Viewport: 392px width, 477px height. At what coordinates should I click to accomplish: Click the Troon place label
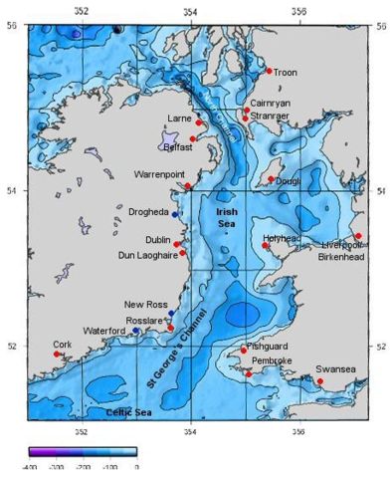pos(286,72)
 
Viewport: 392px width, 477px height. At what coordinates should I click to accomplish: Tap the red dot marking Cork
pos(56,354)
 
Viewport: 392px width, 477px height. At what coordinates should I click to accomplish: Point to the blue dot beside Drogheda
pos(175,214)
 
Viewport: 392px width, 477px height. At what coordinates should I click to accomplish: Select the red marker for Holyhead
pos(266,245)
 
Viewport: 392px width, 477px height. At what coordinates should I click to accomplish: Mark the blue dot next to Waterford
pos(135,330)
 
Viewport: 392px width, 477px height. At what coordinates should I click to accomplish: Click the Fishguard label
pos(267,346)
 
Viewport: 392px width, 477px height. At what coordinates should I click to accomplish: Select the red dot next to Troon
pos(269,71)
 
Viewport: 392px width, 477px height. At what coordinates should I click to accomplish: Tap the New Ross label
pos(144,304)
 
